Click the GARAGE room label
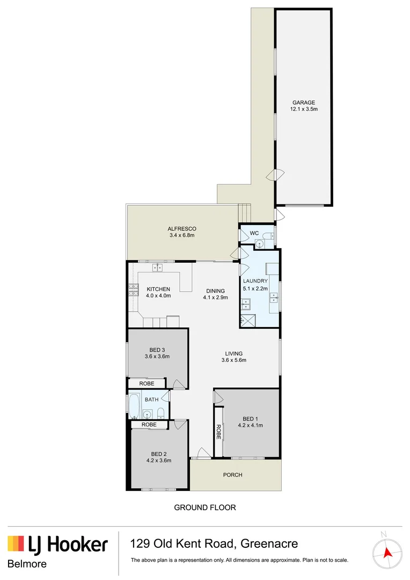[x=303, y=103]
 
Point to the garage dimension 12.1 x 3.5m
[x=304, y=110]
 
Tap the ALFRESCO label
[x=182, y=229]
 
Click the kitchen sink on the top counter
[x=158, y=267]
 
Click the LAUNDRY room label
[x=255, y=281]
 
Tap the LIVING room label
[x=233, y=353]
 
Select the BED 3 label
[x=158, y=350]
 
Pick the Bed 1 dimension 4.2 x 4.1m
[x=250, y=425]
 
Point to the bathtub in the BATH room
[x=134, y=408]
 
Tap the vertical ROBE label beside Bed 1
[x=218, y=432]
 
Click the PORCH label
[x=233, y=475]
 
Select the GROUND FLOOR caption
[x=205, y=507]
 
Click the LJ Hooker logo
[x=57, y=545]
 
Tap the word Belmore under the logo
[x=27, y=564]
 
